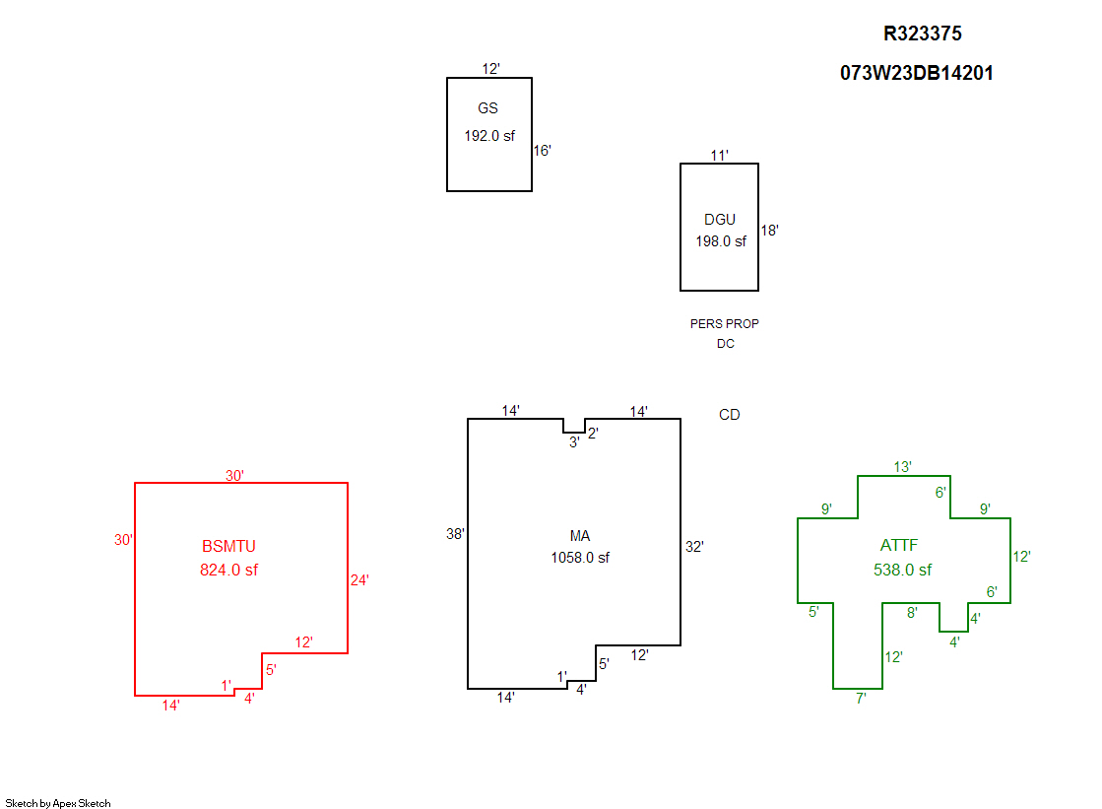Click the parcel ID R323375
(x=922, y=34)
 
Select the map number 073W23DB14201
(x=916, y=73)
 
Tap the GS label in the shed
(x=487, y=108)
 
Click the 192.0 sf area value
(x=489, y=136)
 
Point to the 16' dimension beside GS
(x=543, y=151)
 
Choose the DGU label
(x=720, y=220)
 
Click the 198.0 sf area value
(x=721, y=241)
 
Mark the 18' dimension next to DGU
(x=769, y=231)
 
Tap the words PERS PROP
(x=725, y=323)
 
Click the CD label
(x=729, y=415)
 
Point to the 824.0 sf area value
(x=229, y=570)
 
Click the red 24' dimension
(x=359, y=580)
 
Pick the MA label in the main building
(x=580, y=536)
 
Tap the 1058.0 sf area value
(x=580, y=558)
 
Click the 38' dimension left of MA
(x=455, y=534)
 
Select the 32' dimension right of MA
(x=694, y=547)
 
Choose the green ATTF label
(x=899, y=546)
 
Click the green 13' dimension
(x=902, y=467)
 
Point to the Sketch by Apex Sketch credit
(x=58, y=803)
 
